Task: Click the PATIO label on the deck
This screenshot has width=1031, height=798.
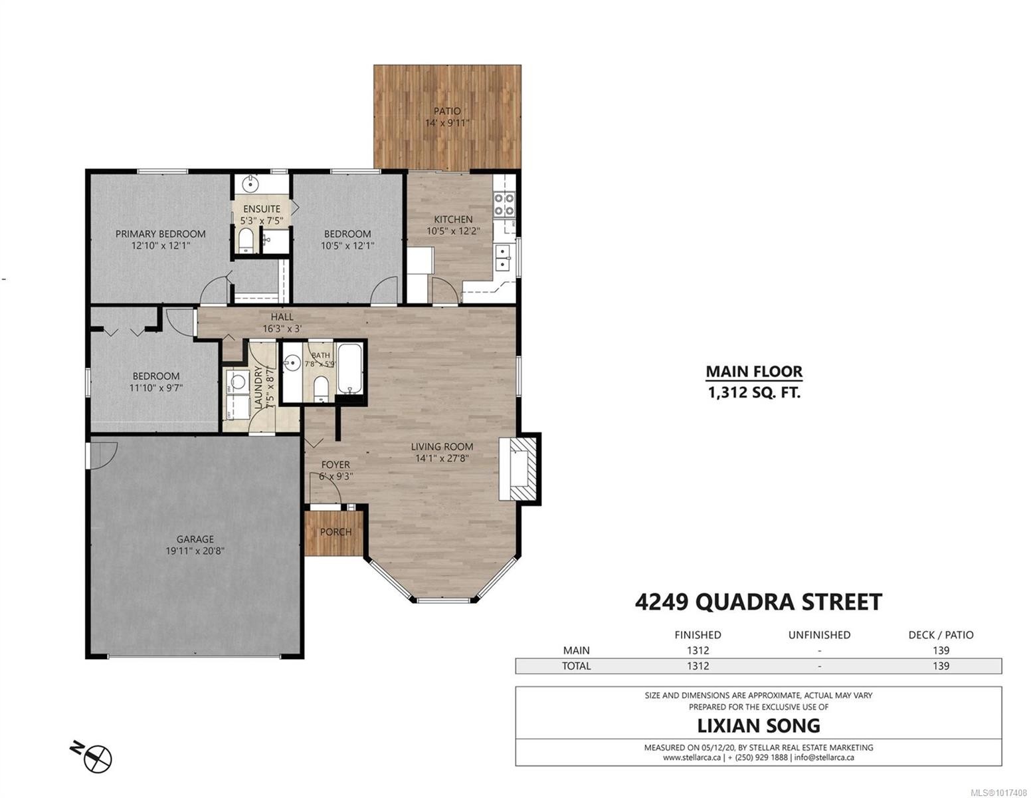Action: pos(447,111)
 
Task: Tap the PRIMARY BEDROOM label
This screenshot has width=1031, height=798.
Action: pos(160,233)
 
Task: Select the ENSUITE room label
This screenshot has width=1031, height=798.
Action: pos(261,209)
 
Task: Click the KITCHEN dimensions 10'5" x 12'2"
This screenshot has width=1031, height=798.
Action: pos(453,231)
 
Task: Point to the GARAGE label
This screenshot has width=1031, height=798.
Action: pos(195,539)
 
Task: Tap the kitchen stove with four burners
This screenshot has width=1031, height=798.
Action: pos(504,203)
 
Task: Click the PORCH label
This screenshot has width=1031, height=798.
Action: pos(335,532)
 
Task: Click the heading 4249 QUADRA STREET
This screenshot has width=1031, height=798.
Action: pos(758,602)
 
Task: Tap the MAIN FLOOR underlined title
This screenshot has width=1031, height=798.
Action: pos(753,372)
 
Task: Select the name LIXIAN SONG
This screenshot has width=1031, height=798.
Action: pos(758,725)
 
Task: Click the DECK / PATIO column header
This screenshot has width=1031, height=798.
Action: pos(941,634)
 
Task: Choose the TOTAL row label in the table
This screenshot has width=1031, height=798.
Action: pos(576,666)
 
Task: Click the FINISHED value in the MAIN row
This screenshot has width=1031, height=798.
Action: pos(698,650)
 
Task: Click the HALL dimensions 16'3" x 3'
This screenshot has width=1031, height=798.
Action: pos(281,329)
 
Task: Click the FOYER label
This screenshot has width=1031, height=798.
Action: pos(335,465)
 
